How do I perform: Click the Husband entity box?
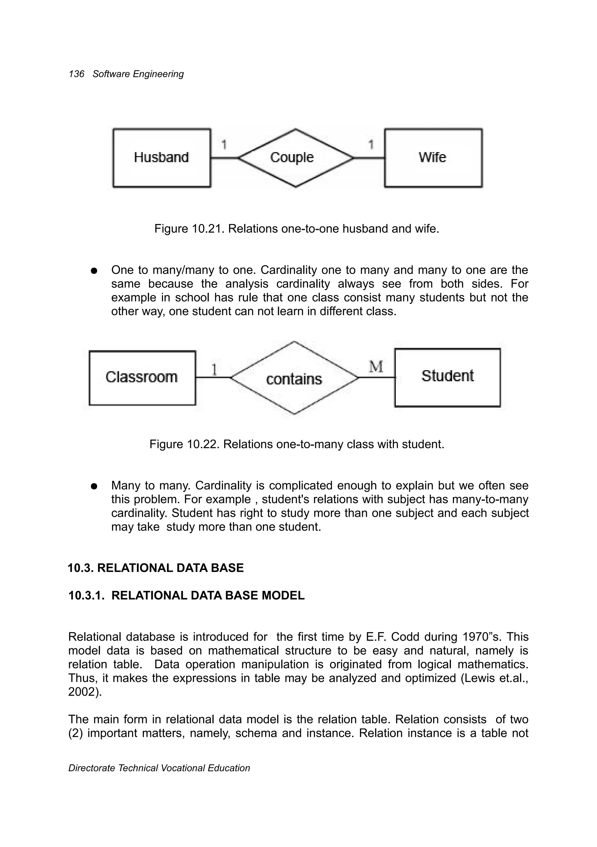point(161,158)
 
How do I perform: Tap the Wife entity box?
point(433,158)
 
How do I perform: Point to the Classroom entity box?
point(142,377)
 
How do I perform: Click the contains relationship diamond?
point(294,378)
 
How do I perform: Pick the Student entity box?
point(447,377)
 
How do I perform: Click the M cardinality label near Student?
point(376,366)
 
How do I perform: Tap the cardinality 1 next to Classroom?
point(214,369)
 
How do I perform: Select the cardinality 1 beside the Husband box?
point(224,145)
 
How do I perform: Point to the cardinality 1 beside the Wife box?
point(371,145)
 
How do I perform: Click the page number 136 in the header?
point(76,74)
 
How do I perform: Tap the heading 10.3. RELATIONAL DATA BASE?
point(156,568)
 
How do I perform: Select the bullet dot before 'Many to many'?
point(94,486)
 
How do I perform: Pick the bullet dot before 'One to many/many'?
point(94,271)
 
